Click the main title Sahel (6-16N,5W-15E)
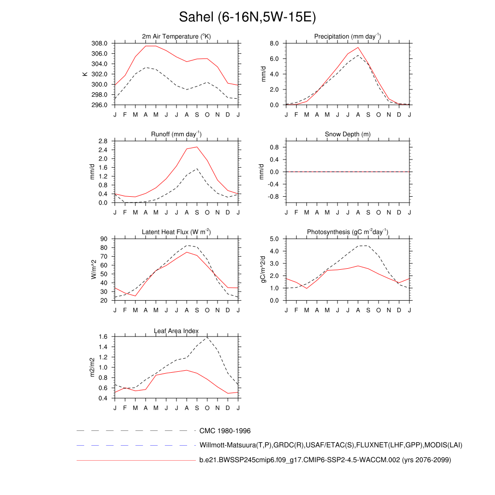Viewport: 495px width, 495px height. [x=247, y=17]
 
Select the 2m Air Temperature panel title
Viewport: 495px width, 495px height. [x=176, y=37]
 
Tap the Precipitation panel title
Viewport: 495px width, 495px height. [x=347, y=37]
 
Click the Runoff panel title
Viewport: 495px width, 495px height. [x=176, y=134]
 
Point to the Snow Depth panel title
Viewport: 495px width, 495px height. [x=347, y=134]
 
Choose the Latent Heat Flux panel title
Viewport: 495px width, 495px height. [x=176, y=232]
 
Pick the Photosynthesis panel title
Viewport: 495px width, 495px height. [x=347, y=232]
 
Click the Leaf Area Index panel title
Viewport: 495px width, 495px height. [x=176, y=331]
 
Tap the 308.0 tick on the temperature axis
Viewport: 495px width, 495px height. [x=100, y=43]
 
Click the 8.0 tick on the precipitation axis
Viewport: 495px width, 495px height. [x=274, y=43]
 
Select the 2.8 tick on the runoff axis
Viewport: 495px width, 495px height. [x=102, y=141]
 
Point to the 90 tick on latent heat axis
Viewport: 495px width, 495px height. [x=104, y=239]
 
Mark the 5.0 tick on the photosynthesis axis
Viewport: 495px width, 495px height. [x=274, y=239]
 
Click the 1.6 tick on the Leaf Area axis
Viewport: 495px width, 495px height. [x=102, y=337]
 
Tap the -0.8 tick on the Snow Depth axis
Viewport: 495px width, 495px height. [x=273, y=197]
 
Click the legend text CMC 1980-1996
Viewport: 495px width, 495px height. [x=225, y=431]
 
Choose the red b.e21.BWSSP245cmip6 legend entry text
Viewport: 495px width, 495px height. [x=325, y=460]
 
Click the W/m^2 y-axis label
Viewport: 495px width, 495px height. [x=93, y=269]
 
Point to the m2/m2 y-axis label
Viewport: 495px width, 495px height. [x=93, y=367]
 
